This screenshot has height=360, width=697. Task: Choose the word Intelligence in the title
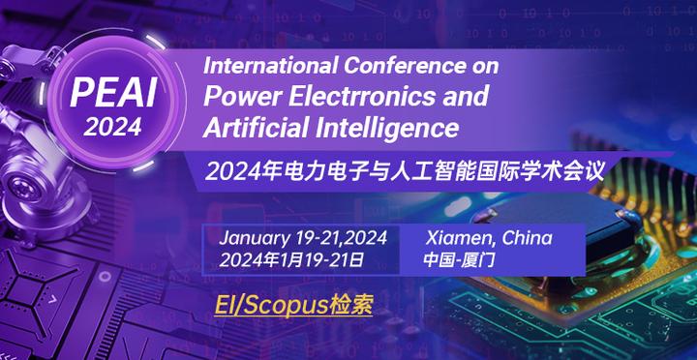(x=386, y=126)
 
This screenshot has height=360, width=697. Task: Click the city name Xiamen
(x=460, y=238)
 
